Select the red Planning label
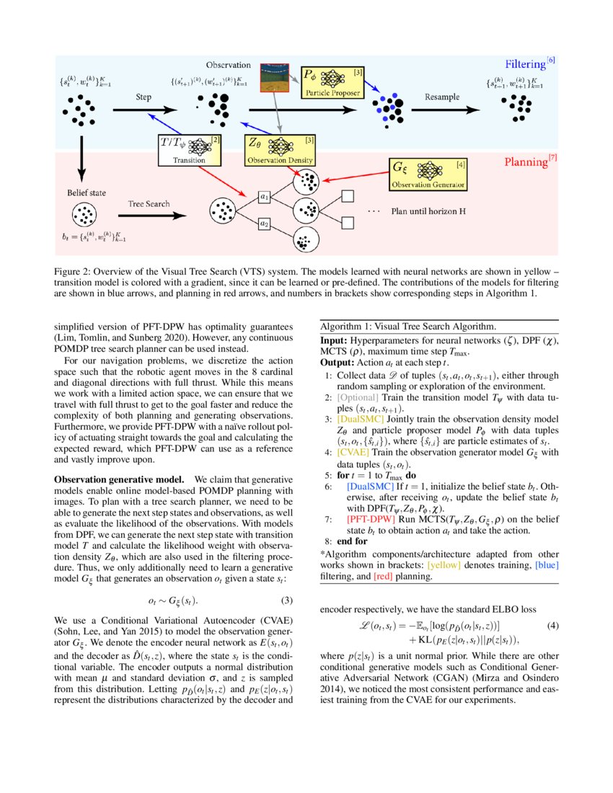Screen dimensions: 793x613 point(526,162)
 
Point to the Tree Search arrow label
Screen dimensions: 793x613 point(149,204)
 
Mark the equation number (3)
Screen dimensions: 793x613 point(286,601)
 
